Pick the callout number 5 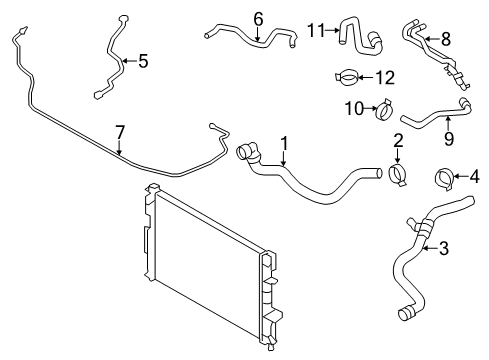coord(142,61)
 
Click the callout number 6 coord(257,18)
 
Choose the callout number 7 coord(120,131)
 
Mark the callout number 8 coord(446,39)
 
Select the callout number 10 coord(352,107)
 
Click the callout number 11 coord(317,30)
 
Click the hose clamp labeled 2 coord(400,177)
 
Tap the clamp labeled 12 coord(349,76)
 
